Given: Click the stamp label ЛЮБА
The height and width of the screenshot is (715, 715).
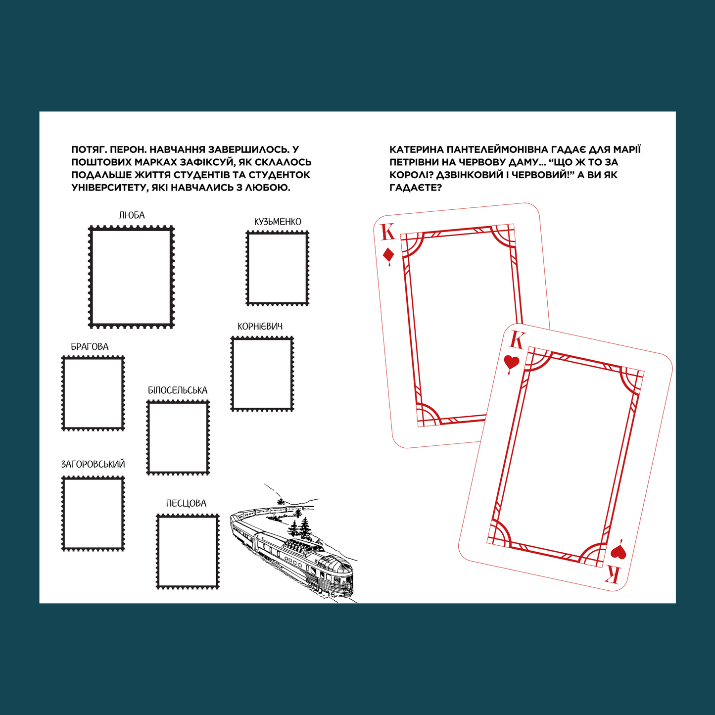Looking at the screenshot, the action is [132, 215].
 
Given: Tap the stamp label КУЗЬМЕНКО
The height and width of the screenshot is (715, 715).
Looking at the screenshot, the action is [278, 222].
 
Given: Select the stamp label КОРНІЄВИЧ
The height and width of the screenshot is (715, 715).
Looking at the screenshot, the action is [260, 327].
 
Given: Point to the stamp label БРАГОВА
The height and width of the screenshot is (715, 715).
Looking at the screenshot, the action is [90, 346].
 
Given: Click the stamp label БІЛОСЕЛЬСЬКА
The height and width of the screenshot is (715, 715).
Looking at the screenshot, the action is [178, 390].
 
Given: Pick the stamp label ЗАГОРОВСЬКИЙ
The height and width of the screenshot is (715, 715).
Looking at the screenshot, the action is [93, 464].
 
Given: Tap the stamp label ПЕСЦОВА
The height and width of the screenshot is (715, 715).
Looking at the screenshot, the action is [186, 503].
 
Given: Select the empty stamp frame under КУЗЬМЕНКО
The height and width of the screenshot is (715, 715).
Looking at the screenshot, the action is [247, 268].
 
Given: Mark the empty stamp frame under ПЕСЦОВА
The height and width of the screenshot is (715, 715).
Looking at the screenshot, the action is [157, 551].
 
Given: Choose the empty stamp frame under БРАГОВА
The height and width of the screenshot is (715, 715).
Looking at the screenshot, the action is [63, 393].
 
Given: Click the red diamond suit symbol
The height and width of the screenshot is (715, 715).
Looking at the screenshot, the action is [388, 256].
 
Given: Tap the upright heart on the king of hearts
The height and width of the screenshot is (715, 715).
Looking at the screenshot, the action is [511, 363].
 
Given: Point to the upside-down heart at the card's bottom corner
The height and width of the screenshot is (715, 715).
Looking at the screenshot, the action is [619, 551].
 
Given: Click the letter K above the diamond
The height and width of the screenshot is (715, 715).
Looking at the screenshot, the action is [388, 233].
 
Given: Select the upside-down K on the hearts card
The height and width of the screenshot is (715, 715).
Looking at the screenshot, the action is [612, 575].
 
